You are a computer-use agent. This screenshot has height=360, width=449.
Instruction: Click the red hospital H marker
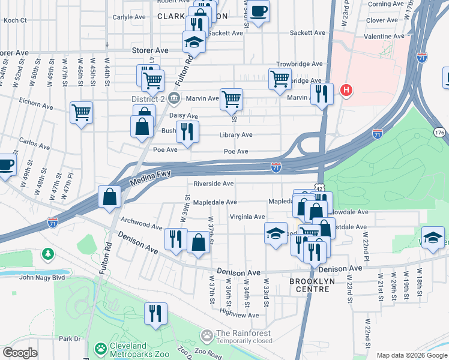pos(346,91)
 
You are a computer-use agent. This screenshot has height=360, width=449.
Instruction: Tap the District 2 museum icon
pos(173,98)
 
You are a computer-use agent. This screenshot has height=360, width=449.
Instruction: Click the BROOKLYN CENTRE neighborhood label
pos(309,285)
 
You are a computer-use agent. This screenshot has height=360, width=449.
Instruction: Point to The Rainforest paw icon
pos(208,334)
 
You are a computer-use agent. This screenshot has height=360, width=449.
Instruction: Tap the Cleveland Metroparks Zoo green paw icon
pos(100,348)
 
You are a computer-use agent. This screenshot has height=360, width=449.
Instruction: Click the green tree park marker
pos(47,254)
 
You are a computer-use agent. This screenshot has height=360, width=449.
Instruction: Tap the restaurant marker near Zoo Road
pos(155,313)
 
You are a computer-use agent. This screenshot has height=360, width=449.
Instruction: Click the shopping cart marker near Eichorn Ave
pos(82,112)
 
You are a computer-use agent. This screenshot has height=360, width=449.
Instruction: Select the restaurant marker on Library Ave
pos(187,131)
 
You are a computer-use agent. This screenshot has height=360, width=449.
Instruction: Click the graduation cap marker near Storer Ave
pos(194,41)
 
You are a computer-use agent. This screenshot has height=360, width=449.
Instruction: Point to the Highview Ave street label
pos(239,313)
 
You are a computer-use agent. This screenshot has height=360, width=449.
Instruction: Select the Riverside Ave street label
pos(213,184)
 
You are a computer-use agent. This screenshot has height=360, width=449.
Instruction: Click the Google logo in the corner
pos(20,353)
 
